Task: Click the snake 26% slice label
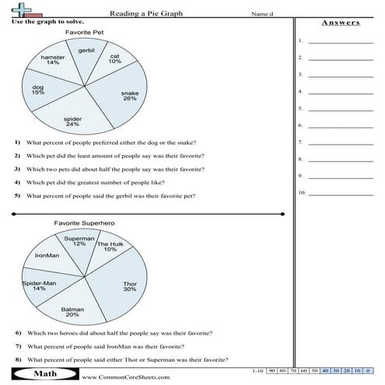[130, 96]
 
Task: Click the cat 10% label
[114, 59]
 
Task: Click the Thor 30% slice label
[130, 286]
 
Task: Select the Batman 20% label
[72, 312]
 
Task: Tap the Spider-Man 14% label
[38, 285]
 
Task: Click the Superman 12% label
[79, 240]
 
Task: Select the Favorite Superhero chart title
[79, 223]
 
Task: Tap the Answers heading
[341, 23]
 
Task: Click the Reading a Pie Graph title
[144, 13]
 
